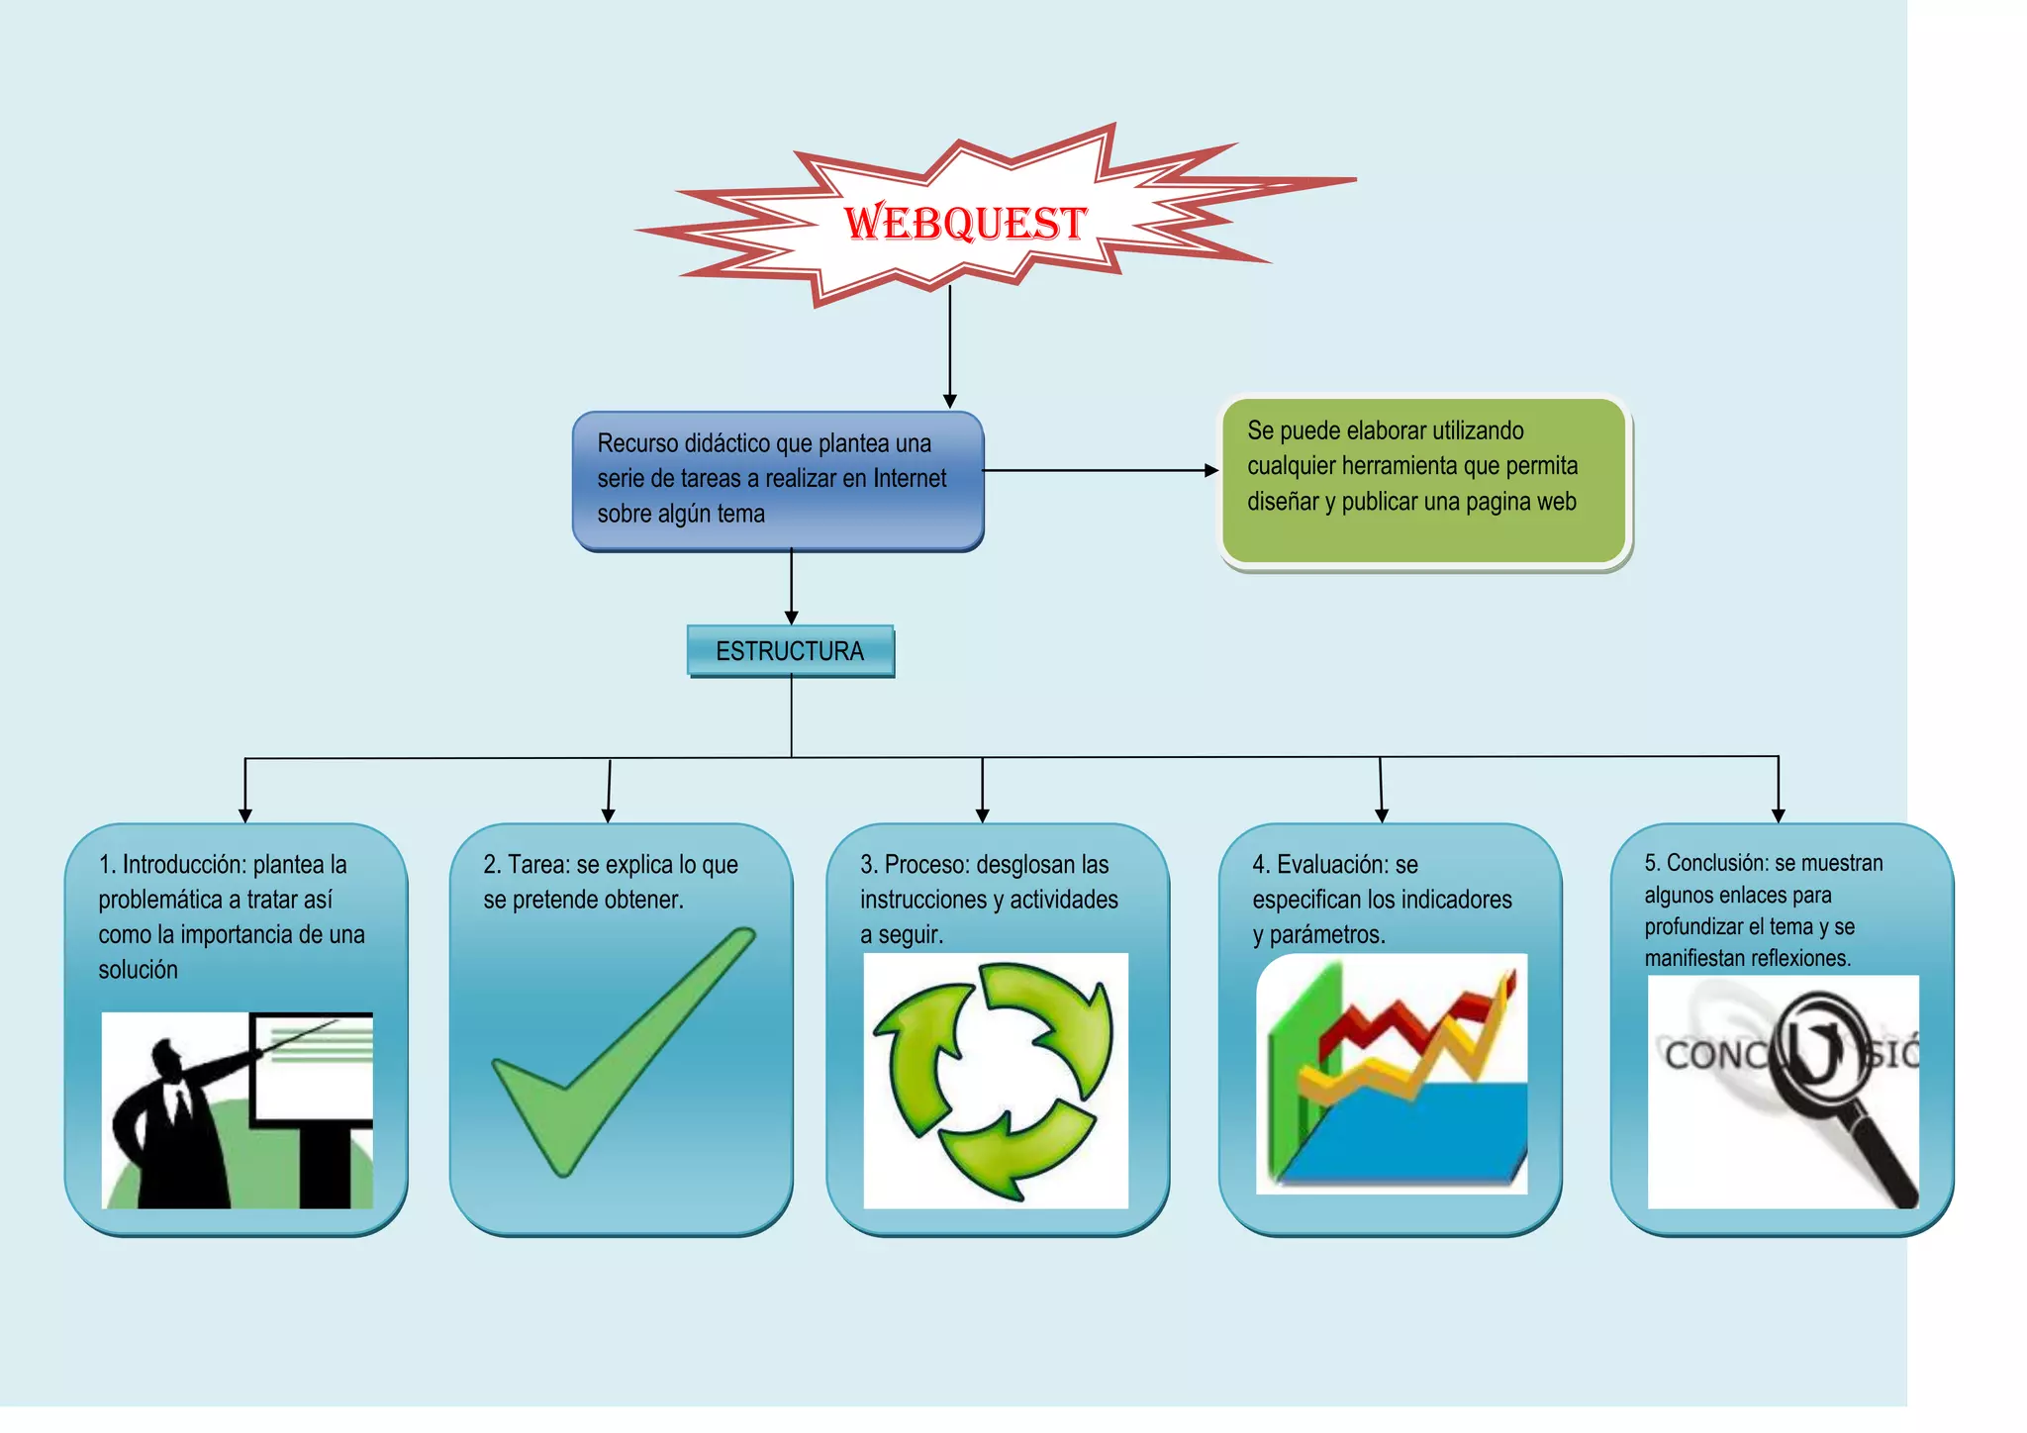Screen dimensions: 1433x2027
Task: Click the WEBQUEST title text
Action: (965, 223)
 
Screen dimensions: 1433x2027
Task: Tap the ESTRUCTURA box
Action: (790, 651)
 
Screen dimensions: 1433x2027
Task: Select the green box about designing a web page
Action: (1423, 481)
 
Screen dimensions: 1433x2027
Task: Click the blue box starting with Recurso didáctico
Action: (778, 481)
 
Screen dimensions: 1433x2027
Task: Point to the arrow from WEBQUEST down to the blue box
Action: (949, 346)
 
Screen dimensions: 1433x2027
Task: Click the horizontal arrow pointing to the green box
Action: (1099, 471)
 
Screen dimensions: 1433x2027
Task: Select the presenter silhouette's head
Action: (166, 1056)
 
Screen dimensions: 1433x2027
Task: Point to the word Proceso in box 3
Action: (921, 865)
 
